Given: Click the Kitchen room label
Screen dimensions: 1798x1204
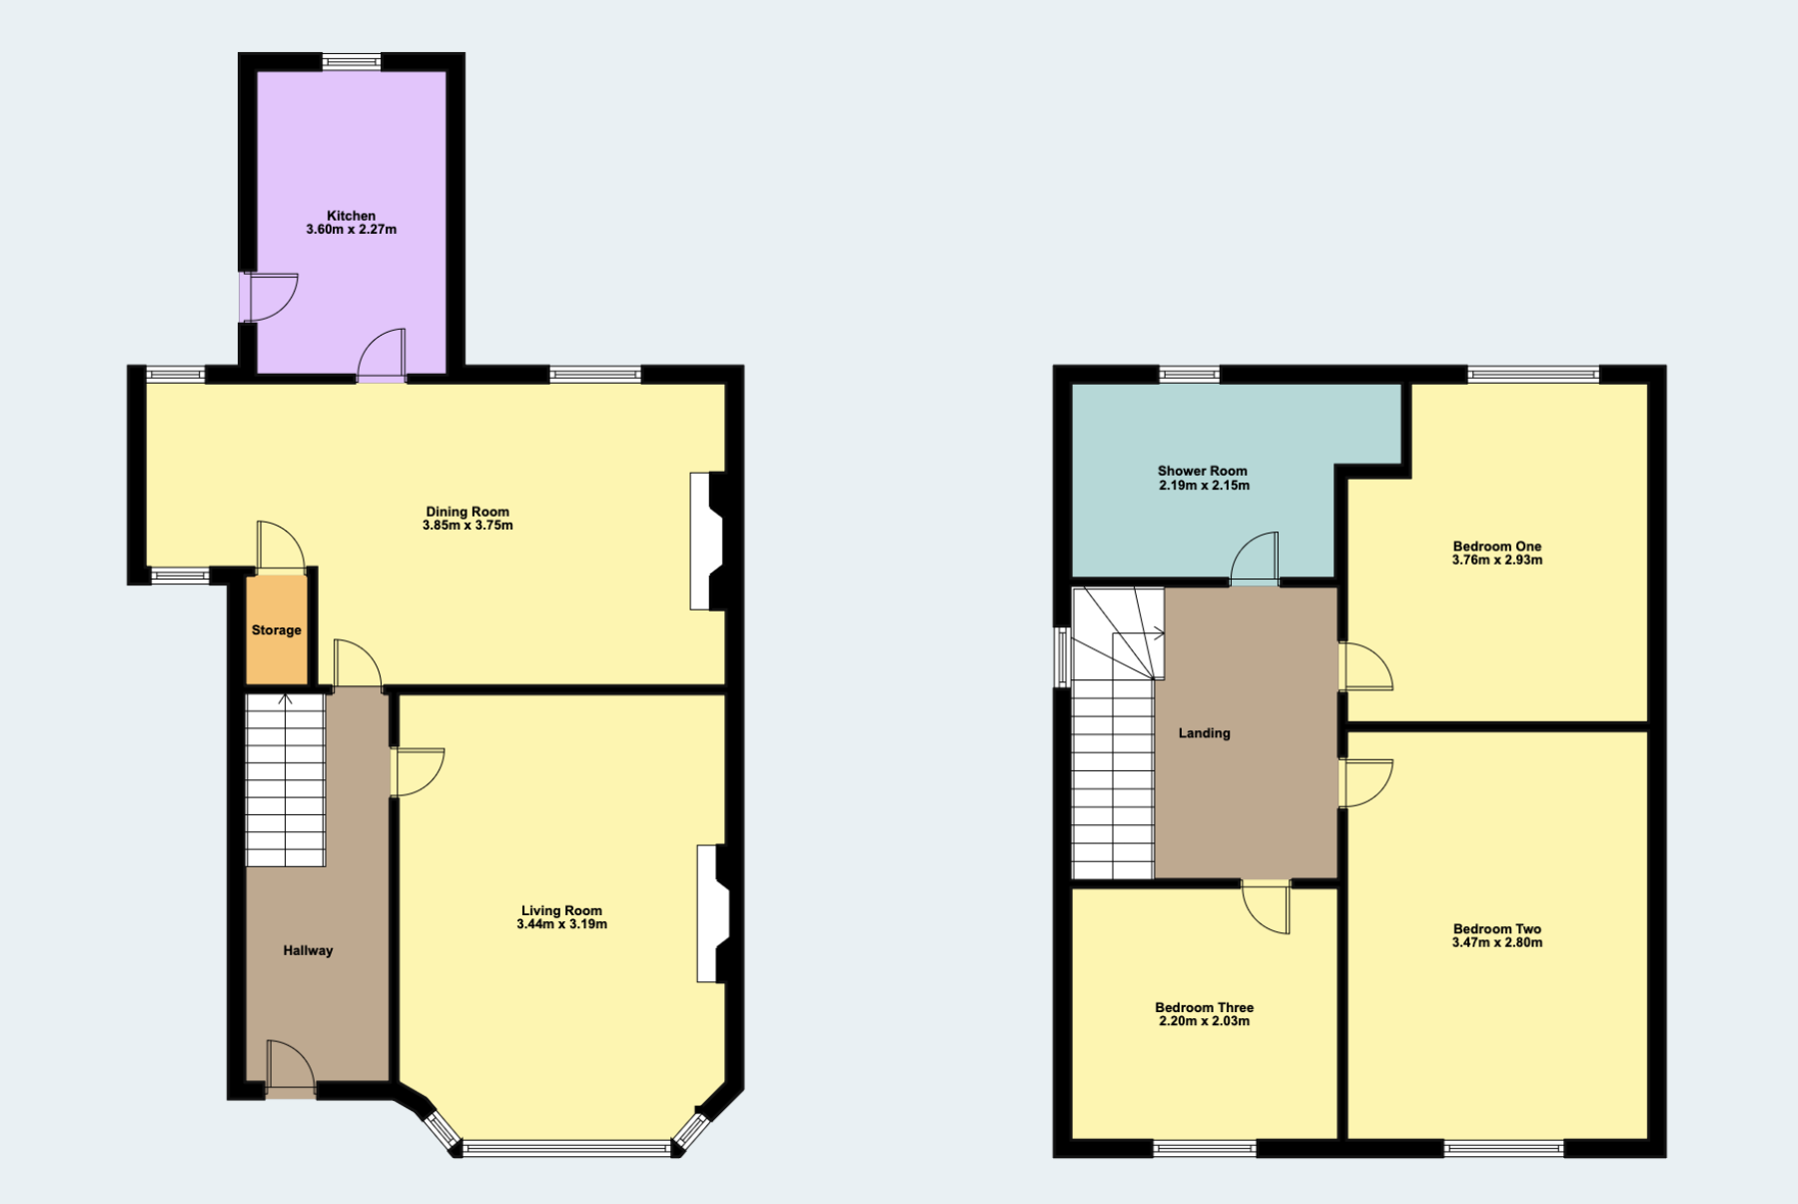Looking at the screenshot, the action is pyautogui.click(x=352, y=216).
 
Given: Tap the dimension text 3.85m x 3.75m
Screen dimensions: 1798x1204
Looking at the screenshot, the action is pyautogui.click(x=467, y=526).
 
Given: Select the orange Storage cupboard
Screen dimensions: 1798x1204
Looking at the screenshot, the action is pyautogui.click(x=277, y=629).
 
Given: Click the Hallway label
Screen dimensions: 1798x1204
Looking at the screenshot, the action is pyautogui.click(x=308, y=950).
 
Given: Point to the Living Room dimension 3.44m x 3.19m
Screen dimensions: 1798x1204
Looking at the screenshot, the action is pyautogui.click(x=561, y=924).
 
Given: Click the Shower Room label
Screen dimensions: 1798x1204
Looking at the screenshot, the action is pyautogui.click(x=1203, y=471).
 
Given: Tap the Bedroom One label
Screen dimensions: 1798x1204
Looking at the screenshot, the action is pyautogui.click(x=1497, y=547).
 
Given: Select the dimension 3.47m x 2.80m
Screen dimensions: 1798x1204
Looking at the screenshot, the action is pyautogui.click(x=1497, y=942).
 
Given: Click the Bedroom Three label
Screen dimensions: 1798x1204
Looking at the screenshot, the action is pyautogui.click(x=1205, y=1007).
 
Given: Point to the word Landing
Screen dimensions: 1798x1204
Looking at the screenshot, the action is pyautogui.click(x=1205, y=733).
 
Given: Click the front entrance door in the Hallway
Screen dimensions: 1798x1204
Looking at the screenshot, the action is pyautogui.click(x=291, y=1069).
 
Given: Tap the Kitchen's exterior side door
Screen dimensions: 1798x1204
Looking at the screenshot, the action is pyautogui.click(x=268, y=298).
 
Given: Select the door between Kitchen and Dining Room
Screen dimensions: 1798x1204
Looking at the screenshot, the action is pyautogui.click(x=382, y=356).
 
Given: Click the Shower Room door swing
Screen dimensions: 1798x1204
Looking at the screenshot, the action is pyautogui.click(x=1255, y=559).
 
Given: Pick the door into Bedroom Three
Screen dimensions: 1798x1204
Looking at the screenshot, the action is pyautogui.click(x=1267, y=907).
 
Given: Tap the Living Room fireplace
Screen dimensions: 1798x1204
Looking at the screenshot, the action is pyautogui.click(x=713, y=914).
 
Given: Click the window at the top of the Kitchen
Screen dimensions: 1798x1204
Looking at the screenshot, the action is pyautogui.click(x=352, y=62).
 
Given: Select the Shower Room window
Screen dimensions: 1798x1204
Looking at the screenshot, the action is pyautogui.click(x=1190, y=375).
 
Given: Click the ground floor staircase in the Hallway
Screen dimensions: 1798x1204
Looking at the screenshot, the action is pyautogui.click(x=286, y=780).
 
